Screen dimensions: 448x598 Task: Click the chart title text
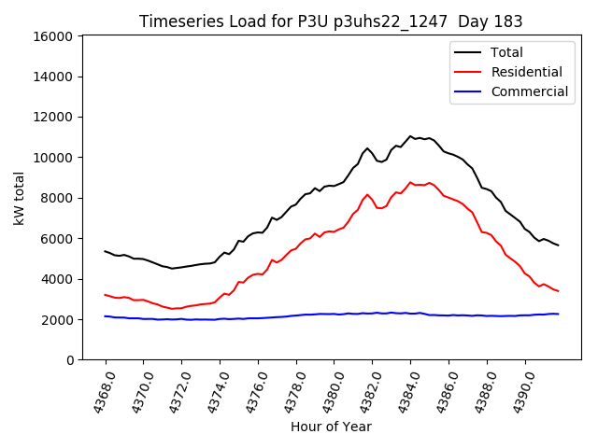click(x=331, y=21)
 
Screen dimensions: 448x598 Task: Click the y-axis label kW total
click(x=19, y=198)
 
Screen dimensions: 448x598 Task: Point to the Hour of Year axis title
click(x=331, y=427)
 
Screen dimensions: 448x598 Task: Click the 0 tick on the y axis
click(x=69, y=360)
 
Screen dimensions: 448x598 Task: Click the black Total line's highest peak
click(x=410, y=136)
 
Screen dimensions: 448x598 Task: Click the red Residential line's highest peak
click(x=410, y=183)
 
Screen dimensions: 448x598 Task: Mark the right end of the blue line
click(x=559, y=314)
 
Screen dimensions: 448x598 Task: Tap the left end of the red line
click(x=106, y=295)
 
